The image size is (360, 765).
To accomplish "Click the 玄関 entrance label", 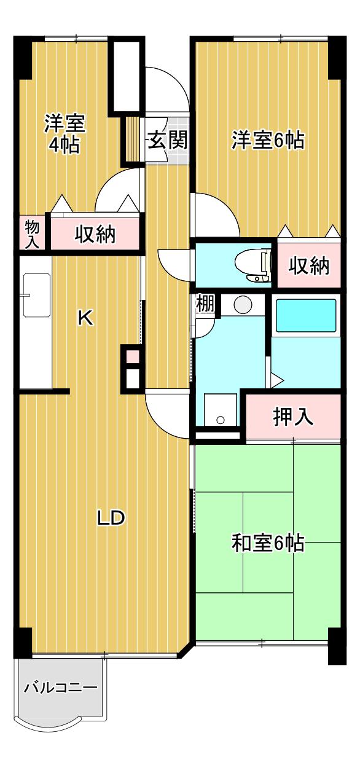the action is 167,140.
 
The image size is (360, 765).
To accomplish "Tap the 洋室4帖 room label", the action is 65,134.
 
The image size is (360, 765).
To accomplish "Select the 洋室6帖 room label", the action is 268,140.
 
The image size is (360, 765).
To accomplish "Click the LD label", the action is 111,518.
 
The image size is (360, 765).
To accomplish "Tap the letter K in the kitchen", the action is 85,318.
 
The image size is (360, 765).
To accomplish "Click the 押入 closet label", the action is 293,417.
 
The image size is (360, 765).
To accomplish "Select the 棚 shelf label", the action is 205,304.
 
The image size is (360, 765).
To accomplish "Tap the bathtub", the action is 306,315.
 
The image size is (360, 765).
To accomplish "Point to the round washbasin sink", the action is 243,304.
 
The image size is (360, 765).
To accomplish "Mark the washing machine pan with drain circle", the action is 221,409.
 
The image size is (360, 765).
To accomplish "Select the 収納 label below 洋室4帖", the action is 95,234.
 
